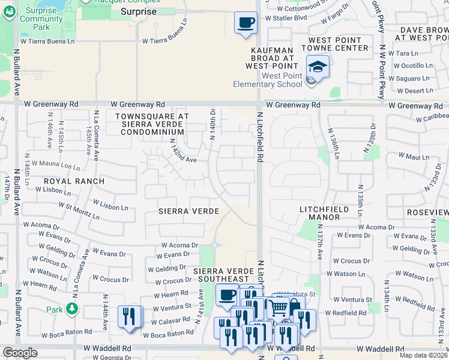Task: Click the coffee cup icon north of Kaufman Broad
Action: pos(245,23)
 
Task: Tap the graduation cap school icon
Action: pos(318,67)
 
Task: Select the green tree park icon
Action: pos(72,309)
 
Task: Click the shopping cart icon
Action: pos(278,308)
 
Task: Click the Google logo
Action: pos(20,353)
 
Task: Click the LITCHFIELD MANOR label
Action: pos(333,209)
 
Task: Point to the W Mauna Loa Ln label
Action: pos(55,163)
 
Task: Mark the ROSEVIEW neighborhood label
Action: pos(427,212)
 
